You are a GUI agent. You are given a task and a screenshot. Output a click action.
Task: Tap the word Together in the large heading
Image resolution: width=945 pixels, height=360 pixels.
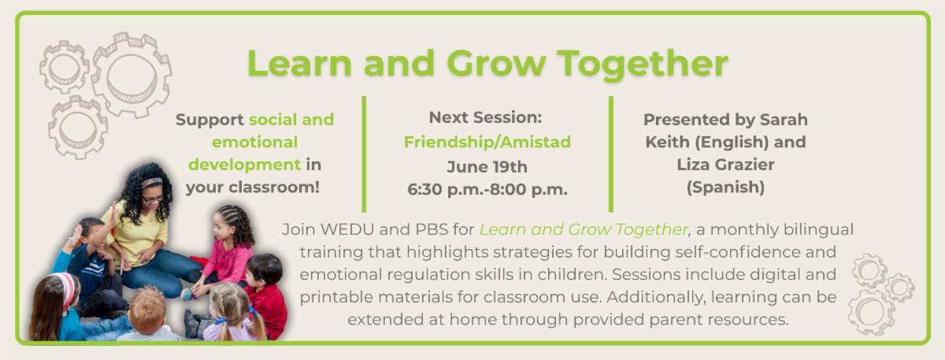[643, 64]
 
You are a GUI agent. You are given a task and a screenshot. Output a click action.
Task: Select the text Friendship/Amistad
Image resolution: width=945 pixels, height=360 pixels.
[487, 143]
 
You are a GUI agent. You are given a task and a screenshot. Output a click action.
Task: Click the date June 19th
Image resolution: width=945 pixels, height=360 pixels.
[487, 167]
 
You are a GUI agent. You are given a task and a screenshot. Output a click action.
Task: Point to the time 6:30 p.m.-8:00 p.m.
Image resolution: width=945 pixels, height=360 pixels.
[487, 190]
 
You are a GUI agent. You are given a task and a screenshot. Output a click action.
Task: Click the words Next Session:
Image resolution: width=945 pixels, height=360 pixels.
[486, 117]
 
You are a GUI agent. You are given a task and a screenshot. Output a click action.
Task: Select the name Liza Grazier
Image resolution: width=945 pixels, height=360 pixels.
[725, 165]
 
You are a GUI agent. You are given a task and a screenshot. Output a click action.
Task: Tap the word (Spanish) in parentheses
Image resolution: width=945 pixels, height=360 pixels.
[725, 187]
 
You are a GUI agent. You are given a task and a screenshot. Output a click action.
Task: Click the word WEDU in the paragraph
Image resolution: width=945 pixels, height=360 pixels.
[347, 229]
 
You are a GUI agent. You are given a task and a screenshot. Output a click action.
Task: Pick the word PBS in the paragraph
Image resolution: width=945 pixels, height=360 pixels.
[432, 229]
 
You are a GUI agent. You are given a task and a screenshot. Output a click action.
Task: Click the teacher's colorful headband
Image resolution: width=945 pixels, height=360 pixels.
[152, 182]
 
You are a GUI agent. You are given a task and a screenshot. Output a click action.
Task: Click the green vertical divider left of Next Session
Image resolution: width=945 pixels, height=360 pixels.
[364, 154]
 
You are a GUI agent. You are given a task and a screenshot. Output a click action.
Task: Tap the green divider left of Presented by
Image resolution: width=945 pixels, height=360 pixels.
[611, 154]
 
